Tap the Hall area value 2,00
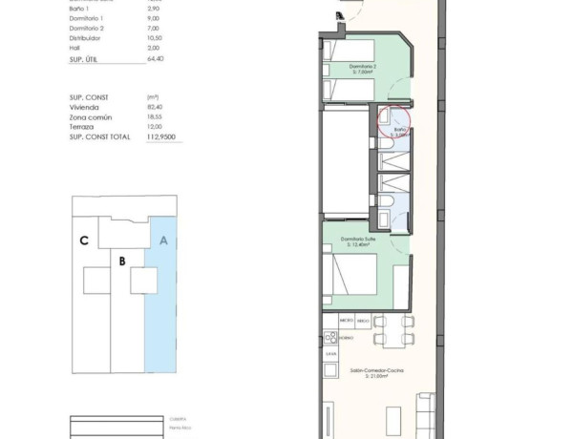152,47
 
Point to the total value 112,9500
159,137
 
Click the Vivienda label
85,107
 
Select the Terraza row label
84,127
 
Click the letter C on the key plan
85,240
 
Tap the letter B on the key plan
122,259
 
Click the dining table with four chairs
393,332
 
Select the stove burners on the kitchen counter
330,337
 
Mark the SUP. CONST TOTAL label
98,137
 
